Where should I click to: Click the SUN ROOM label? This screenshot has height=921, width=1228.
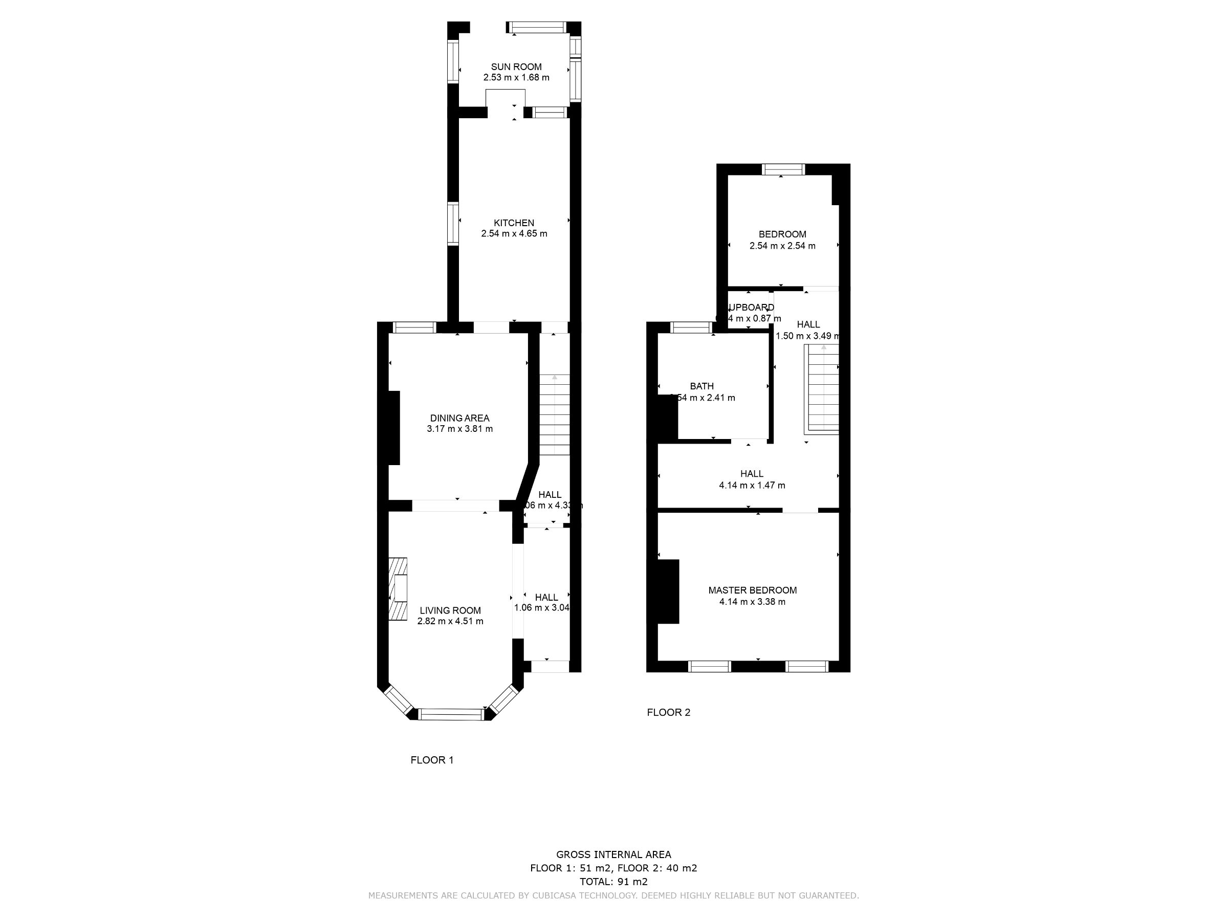[x=516, y=67]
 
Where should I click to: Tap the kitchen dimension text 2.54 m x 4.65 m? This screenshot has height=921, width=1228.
[x=514, y=234]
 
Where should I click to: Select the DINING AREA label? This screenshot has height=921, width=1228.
[x=459, y=418]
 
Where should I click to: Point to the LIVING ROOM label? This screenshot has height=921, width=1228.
[x=450, y=610]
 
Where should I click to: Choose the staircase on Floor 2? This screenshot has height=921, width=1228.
[x=823, y=388]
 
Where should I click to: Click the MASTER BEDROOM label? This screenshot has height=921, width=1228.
[x=752, y=590]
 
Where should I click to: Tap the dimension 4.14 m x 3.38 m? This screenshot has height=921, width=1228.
[x=752, y=602]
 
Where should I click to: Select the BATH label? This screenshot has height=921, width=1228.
[x=701, y=386]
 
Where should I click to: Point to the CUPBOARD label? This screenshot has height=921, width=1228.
[x=751, y=308]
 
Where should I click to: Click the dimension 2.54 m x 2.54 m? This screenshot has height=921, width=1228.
[x=782, y=246]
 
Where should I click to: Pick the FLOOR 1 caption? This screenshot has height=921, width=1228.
[x=432, y=760]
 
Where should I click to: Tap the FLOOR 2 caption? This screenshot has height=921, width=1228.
[x=668, y=712]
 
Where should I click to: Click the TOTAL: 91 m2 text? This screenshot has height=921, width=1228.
[x=613, y=882]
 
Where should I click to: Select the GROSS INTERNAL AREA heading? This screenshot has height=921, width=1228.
[x=613, y=855]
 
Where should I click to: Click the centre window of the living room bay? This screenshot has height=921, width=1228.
[x=451, y=714]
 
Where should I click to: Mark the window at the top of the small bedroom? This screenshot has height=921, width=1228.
[x=783, y=169]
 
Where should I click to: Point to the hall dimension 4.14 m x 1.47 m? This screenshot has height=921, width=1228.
[x=752, y=485]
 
